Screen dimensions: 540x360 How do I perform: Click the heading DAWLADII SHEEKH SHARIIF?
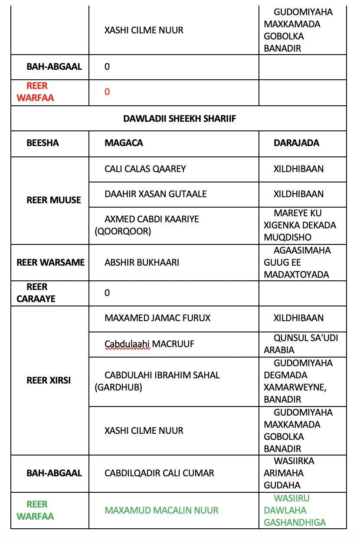[x=180, y=118]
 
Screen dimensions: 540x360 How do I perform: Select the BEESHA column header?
[x=43, y=143]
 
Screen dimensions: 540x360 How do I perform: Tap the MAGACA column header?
[x=124, y=143]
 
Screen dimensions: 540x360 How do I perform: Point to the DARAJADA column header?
[x=296, y=143]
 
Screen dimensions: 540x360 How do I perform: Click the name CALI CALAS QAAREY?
[x=145, y=169]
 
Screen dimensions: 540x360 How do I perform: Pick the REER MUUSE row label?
[x=54, y=200]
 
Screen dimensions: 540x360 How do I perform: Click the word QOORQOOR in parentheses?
[x=123, y=231]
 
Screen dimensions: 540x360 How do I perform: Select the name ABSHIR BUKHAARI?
[x=142, y=263]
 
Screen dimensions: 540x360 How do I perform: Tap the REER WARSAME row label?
[x=50, y=263]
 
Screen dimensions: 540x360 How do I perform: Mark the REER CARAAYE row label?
[x=36, y=293]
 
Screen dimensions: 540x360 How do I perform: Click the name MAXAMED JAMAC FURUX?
[x=157, y=318]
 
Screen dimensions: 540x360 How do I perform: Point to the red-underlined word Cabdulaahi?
[x=127, y=344]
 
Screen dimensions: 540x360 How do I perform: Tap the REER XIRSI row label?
[x=49, y=381]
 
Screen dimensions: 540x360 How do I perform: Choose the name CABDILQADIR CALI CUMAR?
[x=159, y=473]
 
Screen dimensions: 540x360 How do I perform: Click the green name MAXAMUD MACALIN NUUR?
[x=161, y=511]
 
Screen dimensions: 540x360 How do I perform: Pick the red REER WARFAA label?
[x=36, y=92]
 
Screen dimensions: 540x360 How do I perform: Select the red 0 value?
[x=107, y=92]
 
